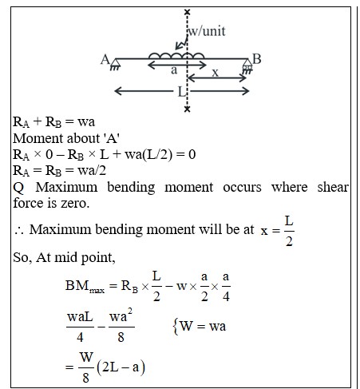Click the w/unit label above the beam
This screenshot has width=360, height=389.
point(207,31)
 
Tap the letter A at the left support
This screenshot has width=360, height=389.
point(105,59)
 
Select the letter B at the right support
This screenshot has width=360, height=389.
point(256,59)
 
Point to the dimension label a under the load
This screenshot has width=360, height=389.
point(174,70)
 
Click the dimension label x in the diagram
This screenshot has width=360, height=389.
point(216,73)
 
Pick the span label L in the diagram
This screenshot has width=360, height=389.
point(182,92)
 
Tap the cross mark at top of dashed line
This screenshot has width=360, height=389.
point(188,12)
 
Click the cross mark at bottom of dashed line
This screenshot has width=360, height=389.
point(188,109)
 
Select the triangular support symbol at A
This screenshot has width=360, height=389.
point(115,65)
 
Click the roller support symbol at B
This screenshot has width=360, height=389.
point(247,66)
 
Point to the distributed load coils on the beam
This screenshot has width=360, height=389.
point(176,55)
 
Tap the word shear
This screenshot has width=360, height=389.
point(333,187)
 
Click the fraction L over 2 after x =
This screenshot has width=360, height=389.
point(289,231)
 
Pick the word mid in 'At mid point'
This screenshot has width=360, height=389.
point(65,257)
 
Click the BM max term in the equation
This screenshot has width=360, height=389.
point(85,286)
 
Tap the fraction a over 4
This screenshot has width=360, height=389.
point(226,287)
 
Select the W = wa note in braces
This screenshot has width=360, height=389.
point(200,326)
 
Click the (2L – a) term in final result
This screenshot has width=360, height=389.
point(121,367)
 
